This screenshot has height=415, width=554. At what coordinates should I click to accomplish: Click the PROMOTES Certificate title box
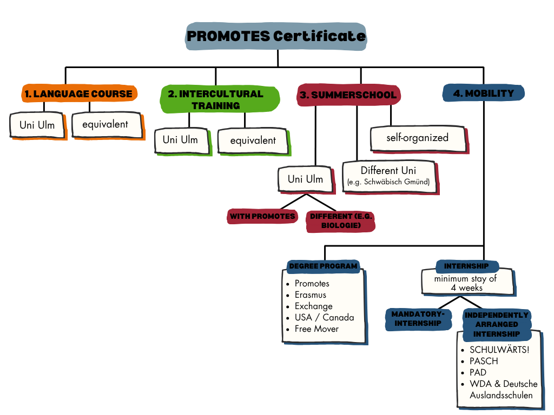point(276,37)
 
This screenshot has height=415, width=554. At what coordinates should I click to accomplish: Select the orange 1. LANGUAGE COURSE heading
point(79,94)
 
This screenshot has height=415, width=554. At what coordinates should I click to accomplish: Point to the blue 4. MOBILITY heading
point(483,93)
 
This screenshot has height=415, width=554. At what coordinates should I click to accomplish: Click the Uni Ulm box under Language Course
point(37,125)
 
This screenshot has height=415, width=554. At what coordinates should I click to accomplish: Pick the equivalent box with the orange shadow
point(105,124)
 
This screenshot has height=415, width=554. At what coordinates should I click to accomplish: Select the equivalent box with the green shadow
point(253,140)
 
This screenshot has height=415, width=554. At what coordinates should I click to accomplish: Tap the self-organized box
point(417,138)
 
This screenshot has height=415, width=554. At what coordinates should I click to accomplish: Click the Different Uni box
point(388,176)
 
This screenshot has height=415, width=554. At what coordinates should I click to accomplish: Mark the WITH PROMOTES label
point(262,217)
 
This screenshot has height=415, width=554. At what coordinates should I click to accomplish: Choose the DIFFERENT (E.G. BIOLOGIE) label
point(341,220)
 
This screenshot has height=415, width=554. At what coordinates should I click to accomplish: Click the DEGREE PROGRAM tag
point(323,266)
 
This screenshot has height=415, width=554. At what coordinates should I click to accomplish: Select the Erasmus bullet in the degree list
point(310,295)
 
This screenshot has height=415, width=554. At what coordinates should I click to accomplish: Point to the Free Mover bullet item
point(316,329)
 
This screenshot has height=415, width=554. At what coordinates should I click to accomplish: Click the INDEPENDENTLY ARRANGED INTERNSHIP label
point(497,324)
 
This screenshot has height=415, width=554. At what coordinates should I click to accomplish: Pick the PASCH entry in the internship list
point(484,361)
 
